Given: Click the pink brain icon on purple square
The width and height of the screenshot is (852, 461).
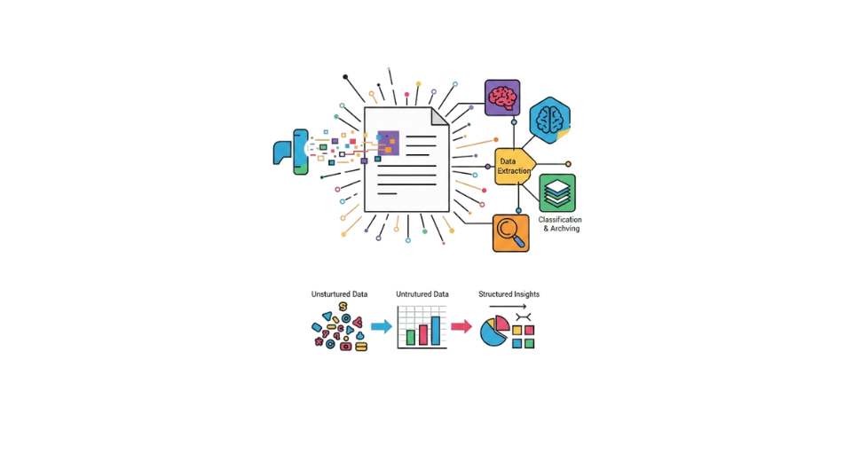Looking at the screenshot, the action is pyautogui.click(x=502, y=98).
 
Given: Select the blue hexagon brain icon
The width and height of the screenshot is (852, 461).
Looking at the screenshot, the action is pyautogui.click(x=550, y=120).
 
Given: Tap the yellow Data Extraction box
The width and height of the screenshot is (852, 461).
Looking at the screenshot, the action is pyautogui.click(x=515, y=166).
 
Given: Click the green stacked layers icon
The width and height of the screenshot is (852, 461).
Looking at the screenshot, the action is pyautogui.click(x=557, y=192).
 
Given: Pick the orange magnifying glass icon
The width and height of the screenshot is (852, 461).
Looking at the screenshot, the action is pyautogui.click(x=511, y=233).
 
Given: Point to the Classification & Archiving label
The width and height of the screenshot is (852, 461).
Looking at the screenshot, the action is pyautogui.click(x=560, y=223).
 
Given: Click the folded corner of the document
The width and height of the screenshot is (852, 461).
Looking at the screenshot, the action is pyautogui.click(x=439, y=116).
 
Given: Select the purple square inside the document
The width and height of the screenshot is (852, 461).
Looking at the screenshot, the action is pyautogui.click(x=389, y=144).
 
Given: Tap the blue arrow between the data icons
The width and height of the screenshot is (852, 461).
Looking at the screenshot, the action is pyautogui.click(x=382, y=326).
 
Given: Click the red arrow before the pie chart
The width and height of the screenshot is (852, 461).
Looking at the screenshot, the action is pyautogui.click(x=461, y=326).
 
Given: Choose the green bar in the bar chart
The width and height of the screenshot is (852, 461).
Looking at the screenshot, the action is pyautogui.click(x=411, y=337).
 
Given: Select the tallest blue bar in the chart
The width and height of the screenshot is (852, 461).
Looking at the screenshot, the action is pyautogui.click(x=436, y=331).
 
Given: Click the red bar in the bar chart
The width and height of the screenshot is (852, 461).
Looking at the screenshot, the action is pyautogui.click(x=423, y=334).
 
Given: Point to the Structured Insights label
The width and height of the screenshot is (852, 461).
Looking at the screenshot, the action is pyautogui.click(x=509, y=294).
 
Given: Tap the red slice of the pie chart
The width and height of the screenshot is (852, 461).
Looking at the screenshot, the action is pyautogui.click(x=502, y=323).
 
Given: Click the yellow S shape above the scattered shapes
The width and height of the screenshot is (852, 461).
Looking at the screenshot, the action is pyautogui.click(x=343, y=307).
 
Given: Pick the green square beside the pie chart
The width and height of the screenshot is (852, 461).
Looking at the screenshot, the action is pyautogui.click(x=529, y=343).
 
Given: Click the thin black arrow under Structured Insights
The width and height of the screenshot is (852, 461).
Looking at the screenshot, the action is pyautogui.click(x=508, y=307).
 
